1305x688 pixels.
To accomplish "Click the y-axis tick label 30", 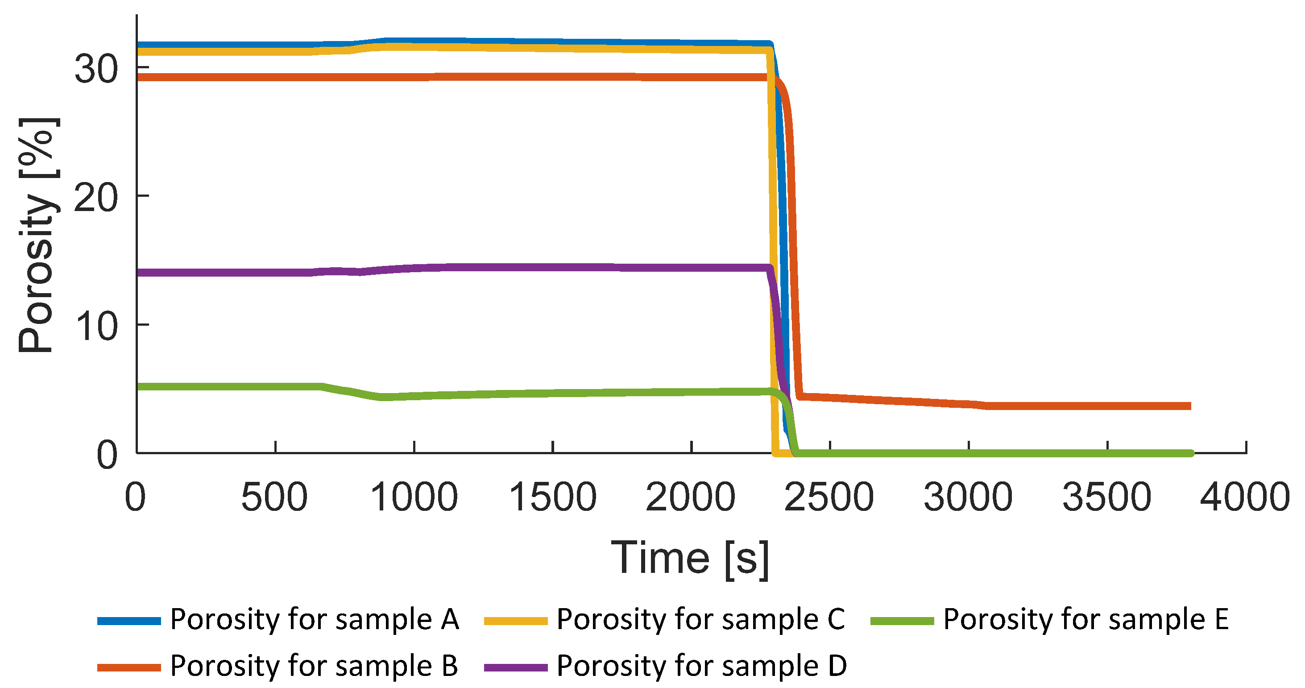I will tap(96, 69).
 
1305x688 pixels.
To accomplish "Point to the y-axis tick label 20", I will tap(96, 198).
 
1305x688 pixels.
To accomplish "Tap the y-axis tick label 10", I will tap(96, 326).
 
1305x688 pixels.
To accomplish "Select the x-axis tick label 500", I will tap(274, 497).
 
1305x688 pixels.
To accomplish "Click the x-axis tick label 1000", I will tap(414, 497).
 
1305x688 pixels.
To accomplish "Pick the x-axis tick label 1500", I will tap(553, 497).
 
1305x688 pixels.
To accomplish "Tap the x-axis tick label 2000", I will tap(691, 497).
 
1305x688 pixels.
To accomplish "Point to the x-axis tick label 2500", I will tap(829, 497).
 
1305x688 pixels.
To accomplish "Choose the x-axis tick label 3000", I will tap(968, 497).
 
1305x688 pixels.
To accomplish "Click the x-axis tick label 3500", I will tap(1107, 497).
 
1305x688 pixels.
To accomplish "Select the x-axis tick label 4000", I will tap(1245, 497).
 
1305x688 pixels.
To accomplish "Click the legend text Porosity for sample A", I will tap(314, 619).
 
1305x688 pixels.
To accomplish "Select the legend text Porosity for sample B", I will tap(314, 665).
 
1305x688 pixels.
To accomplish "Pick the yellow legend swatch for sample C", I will tap(516, 621).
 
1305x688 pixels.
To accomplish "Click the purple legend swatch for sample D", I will tap(516, 667).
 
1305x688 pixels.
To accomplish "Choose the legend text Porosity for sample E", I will tap(1086, 619).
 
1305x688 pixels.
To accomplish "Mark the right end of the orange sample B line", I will tap(1189, 406).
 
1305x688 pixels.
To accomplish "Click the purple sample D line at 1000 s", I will tap(414, 269).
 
